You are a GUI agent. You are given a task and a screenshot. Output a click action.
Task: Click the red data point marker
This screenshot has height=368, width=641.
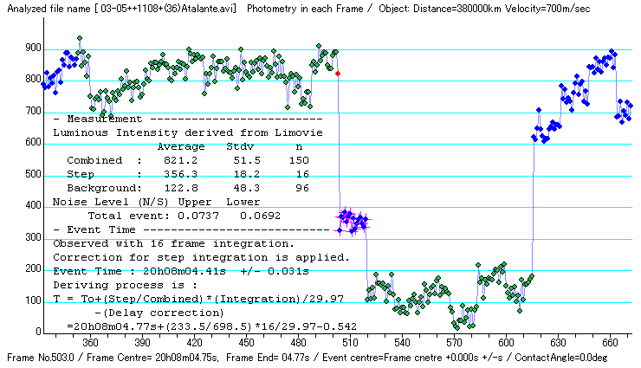[338, 74]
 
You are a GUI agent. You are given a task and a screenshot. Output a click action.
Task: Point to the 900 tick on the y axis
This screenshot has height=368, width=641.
[32, 48]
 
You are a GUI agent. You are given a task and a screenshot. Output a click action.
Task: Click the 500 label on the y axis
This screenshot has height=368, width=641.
[32, 175]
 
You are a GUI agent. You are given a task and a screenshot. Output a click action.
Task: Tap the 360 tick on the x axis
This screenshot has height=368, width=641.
[90, 341]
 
